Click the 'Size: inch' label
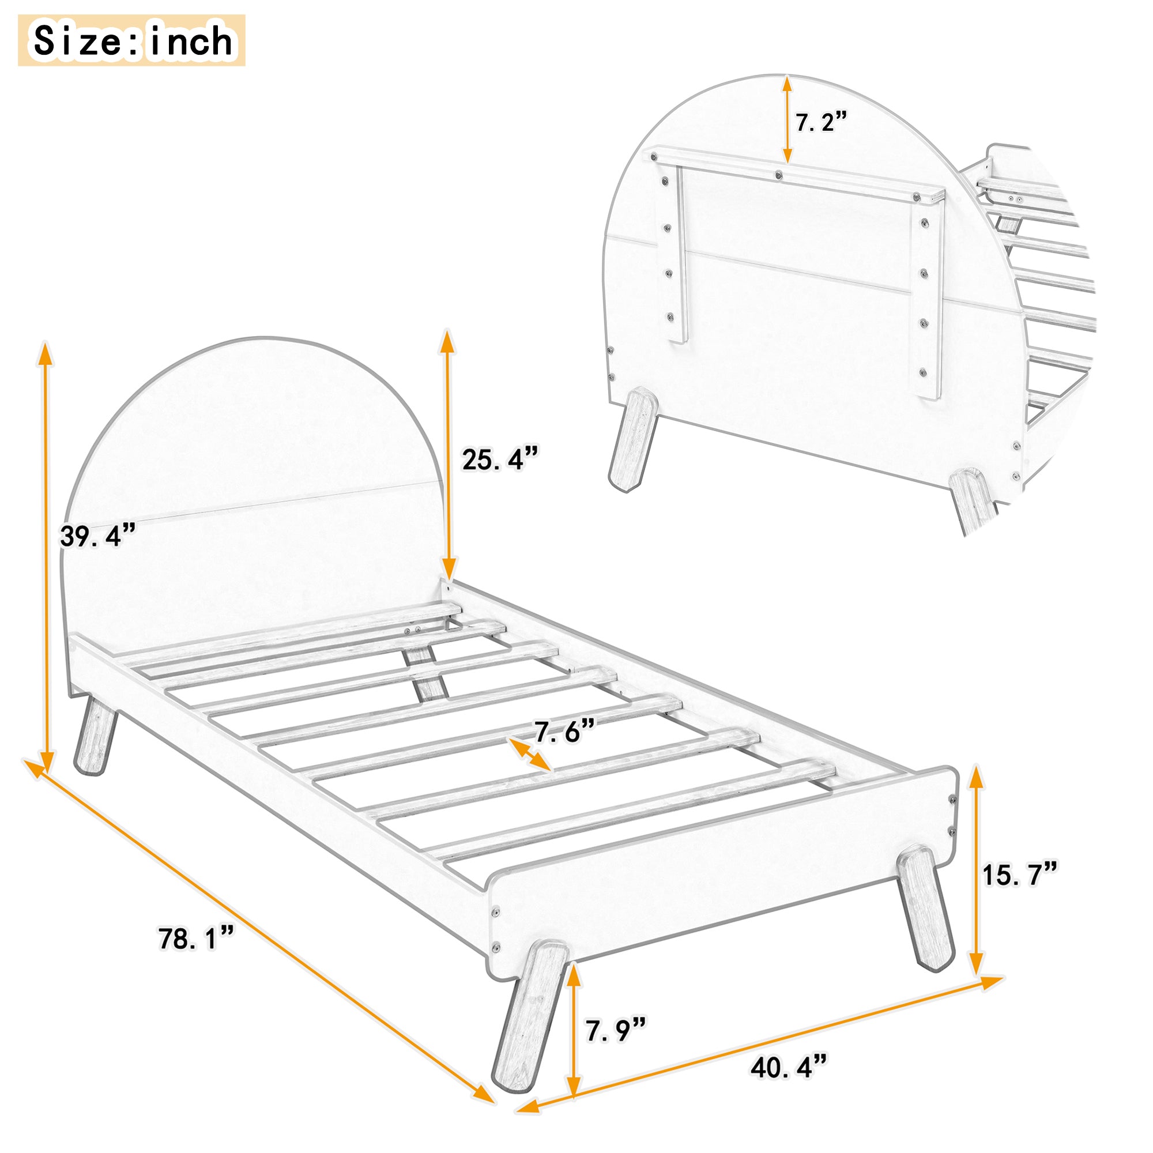[132, 40]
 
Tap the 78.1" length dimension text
[197, 939]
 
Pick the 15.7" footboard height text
[1020, 875]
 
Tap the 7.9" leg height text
[615, 1030]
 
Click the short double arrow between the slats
[529, 754]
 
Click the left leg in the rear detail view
[632, 440]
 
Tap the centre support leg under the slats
[425, 674]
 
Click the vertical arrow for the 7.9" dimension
[574, 1032]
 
